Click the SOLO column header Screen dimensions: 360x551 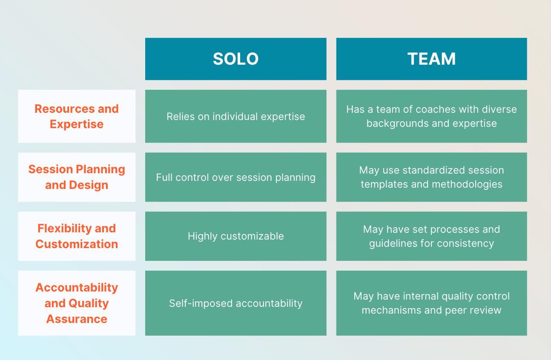(x=235, y=59)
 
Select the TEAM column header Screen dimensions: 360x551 (x=431, y=59)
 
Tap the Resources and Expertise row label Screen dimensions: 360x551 (x=77, y=116)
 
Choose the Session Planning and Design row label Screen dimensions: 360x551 (x=77, y=177)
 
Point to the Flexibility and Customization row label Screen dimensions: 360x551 (x=77, y=236)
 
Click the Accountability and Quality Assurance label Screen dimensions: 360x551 (x=77, y=303)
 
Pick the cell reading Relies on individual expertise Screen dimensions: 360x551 (x=235, y=116)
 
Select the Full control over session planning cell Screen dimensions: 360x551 (x=235, y=177)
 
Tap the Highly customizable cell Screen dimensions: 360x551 (x=235, y=236)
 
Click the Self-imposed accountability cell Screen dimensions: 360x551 (x=235, y=303)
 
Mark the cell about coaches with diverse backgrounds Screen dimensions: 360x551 (x=431, y=116)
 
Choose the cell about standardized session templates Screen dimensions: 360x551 (x=431, y=177)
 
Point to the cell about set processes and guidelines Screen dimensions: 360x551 (x=431, y=236)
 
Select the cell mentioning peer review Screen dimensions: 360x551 (x=431, y=303)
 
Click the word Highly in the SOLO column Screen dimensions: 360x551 (x=201, y=236)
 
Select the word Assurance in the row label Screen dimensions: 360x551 (x=77, y=319)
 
